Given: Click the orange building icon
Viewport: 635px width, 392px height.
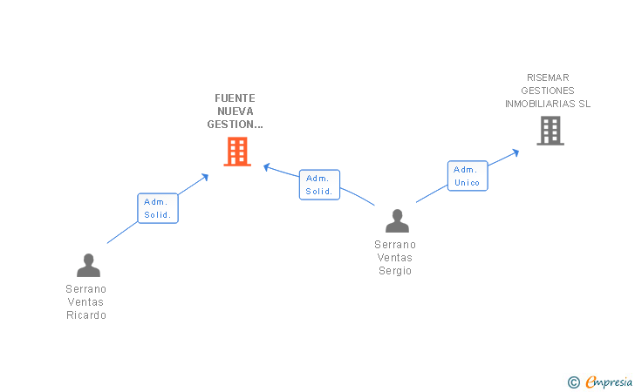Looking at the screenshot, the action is tap(237, 152).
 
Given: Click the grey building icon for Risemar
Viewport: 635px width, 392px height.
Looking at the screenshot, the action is tap(550, 131).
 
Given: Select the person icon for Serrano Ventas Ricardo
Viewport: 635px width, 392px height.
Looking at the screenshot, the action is tap(87, 265).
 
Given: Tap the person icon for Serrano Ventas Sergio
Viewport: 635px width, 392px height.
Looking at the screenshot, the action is tap(397, 221).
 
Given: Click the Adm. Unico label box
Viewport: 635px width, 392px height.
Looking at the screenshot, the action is tap(468, 176).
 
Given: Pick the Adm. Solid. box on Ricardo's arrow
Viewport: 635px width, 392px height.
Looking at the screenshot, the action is tap(158, 208).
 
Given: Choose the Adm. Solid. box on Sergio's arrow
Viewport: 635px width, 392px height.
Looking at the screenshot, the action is tap(319, 185).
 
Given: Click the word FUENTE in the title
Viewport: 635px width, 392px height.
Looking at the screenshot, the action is tap(235, 98).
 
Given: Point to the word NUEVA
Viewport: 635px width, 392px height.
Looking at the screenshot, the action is tap(235, 112).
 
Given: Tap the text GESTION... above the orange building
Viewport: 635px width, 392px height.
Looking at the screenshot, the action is tap(235, 125).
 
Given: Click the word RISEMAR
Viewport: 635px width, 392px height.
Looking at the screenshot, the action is tap(548, 78).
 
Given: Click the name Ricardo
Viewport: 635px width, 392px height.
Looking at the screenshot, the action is tap(86, 315).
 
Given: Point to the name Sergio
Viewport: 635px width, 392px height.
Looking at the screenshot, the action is tap(394, 271).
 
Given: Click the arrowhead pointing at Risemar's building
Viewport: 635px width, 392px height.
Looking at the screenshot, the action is tap(516, 152).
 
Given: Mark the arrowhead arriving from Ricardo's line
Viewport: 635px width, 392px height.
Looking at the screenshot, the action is tap(205, 176).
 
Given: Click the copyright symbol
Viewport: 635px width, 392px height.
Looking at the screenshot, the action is tap(573, 382).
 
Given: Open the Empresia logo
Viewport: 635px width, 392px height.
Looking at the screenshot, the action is tap(609, 381).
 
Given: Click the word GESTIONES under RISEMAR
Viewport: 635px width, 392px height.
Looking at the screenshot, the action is tap(548, 91).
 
